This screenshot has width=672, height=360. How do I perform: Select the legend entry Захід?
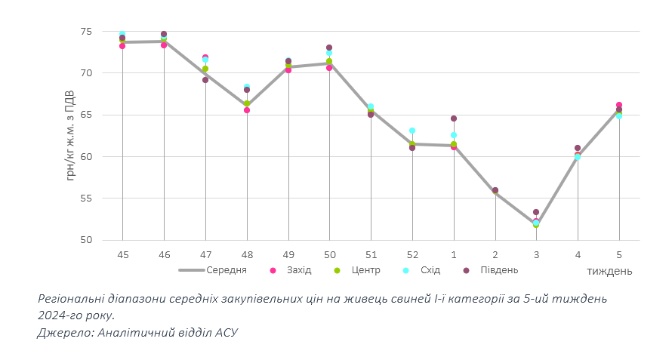coord(298,270)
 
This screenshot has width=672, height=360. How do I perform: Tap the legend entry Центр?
coord(365,270)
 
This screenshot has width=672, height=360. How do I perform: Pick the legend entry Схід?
coord(430,270)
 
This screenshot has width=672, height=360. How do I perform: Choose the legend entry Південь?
coord(498,270)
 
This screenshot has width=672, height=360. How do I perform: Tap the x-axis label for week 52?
coord(412,254)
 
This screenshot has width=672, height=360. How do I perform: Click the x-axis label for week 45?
coord(122,254)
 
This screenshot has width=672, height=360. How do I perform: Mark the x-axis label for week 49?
coord(288,254)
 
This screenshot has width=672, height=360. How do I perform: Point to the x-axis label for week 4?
coord(578,254)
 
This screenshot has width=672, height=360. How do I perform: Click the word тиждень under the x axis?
coord(609,271)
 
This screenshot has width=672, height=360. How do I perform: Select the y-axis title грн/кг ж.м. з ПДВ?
coord(70,134)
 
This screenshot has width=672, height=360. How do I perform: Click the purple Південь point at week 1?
coord(454,118)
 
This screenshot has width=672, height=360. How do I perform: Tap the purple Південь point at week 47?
coord(205,80)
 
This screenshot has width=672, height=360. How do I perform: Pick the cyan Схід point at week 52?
coord(412,131)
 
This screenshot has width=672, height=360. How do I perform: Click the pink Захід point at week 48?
coord(247,110)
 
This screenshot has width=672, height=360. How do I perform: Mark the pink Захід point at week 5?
coord(619,105)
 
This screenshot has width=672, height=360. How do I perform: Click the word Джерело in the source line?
coord(63,332)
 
